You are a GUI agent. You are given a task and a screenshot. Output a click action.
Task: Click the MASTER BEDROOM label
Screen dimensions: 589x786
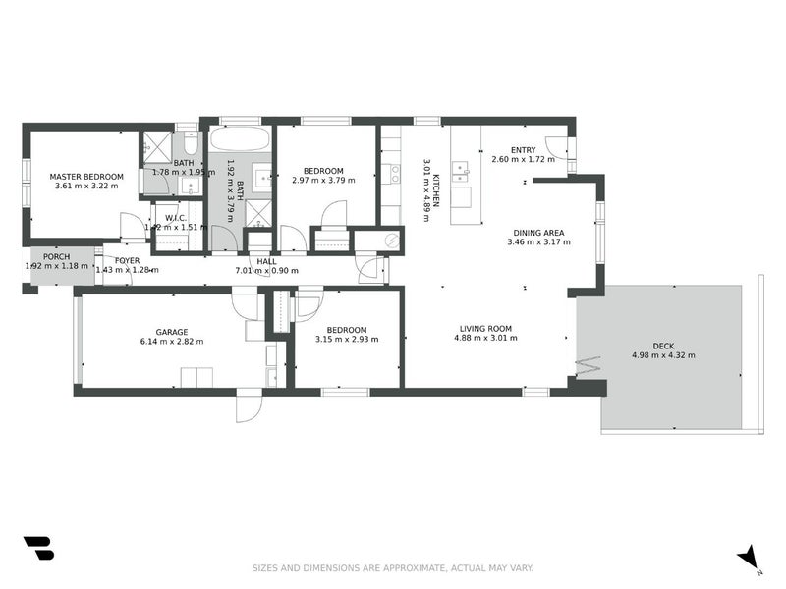(x=86, y=177)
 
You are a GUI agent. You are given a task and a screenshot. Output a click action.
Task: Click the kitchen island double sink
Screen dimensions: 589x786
(x=459, y=174)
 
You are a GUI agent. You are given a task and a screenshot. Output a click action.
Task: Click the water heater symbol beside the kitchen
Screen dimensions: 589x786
(x=391, y=240)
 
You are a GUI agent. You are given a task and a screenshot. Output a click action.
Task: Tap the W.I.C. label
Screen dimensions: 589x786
(x=176, y=217)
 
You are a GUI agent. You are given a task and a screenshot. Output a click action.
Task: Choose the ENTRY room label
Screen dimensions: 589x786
(x=523, y=150)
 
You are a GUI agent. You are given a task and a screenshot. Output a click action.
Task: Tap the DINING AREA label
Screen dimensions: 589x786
(x=538, y=233)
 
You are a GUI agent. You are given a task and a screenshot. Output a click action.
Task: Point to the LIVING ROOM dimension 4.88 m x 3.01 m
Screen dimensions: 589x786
(x=485, y=338)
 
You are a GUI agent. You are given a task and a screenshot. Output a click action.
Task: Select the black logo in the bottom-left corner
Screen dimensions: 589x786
(x=38, y=548)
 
